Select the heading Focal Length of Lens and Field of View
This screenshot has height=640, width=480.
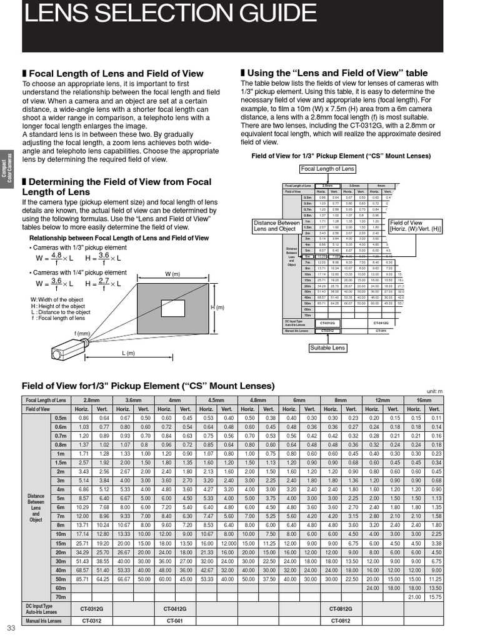[116, 73]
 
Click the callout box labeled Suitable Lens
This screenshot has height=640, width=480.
[328, 348]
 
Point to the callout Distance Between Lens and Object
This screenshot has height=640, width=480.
[276, 226]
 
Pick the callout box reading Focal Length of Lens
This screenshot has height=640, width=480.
[327, 169]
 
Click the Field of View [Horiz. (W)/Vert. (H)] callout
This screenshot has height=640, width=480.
[415, 226]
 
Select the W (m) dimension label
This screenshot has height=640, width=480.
[172, 274]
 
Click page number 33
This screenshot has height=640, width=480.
[11, 628]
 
